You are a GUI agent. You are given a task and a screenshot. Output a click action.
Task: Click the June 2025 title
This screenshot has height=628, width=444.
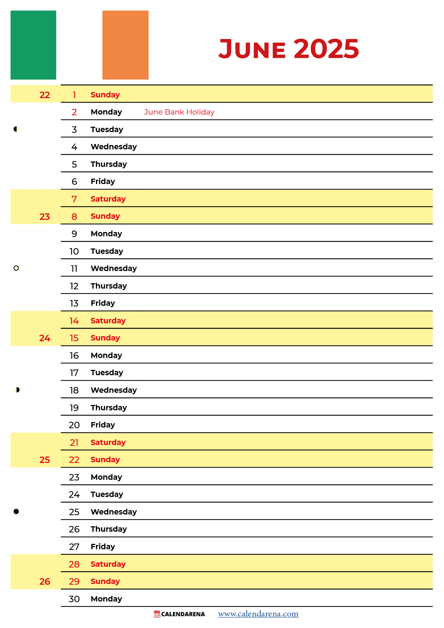[289, 49]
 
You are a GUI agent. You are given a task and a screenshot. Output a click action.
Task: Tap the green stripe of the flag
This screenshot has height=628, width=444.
[33, 45]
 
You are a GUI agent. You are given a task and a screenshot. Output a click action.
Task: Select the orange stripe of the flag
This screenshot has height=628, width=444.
[125, 45]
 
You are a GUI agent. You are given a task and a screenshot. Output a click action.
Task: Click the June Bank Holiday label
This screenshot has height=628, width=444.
[179, 112]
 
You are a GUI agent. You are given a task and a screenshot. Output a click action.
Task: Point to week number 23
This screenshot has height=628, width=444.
[45, 217]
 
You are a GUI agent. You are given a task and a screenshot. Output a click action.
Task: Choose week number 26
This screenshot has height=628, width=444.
[45, 581]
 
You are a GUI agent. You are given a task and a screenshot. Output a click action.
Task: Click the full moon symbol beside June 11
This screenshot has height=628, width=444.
[16, 268]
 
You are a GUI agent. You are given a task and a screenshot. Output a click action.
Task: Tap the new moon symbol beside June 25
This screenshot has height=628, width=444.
[16, 511]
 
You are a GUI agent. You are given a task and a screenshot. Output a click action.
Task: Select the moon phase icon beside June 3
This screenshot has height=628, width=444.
[16, 129]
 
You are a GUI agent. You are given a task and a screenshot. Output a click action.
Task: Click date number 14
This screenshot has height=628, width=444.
[74, 321]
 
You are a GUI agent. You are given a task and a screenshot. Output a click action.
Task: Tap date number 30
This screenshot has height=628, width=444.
[74, 599]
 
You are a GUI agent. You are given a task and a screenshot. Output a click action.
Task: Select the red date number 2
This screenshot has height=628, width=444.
[74, 112]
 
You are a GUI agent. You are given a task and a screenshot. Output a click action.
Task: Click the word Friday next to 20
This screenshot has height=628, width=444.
[103, 425]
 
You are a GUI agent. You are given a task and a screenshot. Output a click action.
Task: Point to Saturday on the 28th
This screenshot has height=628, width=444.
[108, 564]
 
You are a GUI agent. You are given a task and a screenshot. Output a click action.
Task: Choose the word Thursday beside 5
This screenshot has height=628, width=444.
[109, 164]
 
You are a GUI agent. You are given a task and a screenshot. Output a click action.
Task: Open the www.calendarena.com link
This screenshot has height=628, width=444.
[258, 614]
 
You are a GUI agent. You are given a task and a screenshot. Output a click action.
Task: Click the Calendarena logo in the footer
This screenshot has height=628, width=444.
[179, 614]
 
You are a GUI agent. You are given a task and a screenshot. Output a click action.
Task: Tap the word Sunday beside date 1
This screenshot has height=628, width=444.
[105, 95]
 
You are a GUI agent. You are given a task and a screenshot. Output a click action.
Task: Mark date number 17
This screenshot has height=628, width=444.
[74, 373]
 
